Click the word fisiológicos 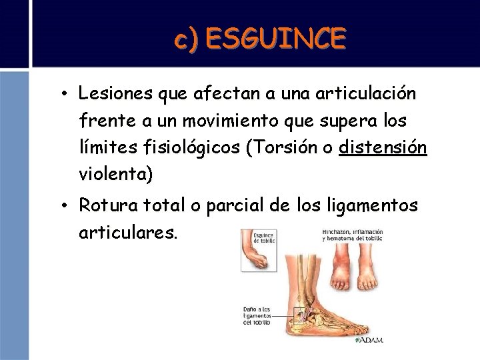(x=181, y=147)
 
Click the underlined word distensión (x=383, y=147)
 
